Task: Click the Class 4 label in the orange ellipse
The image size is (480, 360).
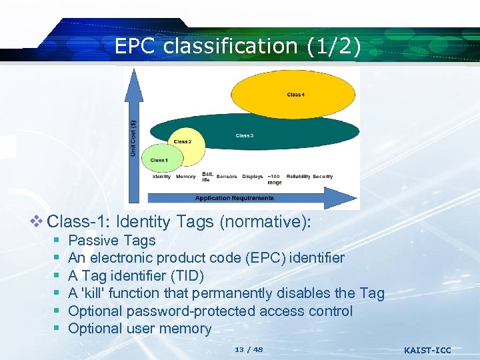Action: click(296, 95)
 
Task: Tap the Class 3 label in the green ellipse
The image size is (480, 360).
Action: click(244, 136)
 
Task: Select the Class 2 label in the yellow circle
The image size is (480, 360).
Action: click(182, 141)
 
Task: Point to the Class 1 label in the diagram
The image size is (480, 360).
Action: click(159, 160)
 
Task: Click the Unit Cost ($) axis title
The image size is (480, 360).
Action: click(133, 138)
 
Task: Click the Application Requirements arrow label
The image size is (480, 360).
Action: click(234, 198)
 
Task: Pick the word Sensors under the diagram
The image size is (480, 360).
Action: click(227, 177)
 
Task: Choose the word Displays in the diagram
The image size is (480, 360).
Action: click(253, 177)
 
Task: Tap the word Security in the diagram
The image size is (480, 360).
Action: click(323, 177)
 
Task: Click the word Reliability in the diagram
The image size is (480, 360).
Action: click(298, 177)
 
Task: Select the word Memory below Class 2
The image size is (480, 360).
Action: click(186, 177)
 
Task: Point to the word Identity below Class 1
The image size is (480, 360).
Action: click(161, 177)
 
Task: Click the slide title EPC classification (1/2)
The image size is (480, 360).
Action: click(238, 46)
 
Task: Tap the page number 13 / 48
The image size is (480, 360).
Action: click(249, 349)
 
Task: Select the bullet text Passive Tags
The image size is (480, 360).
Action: click(112, 241)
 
